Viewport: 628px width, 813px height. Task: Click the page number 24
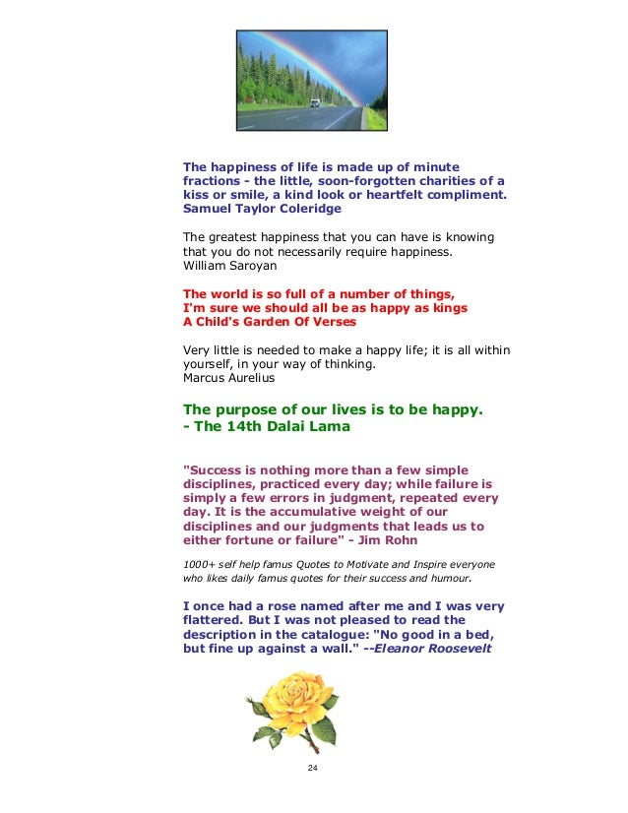click(313, 769)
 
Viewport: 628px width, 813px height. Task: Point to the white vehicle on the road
click(314, 101)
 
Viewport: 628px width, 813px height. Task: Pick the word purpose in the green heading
click(244, 409)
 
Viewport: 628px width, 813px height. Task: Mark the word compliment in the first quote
click(463, 195)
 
